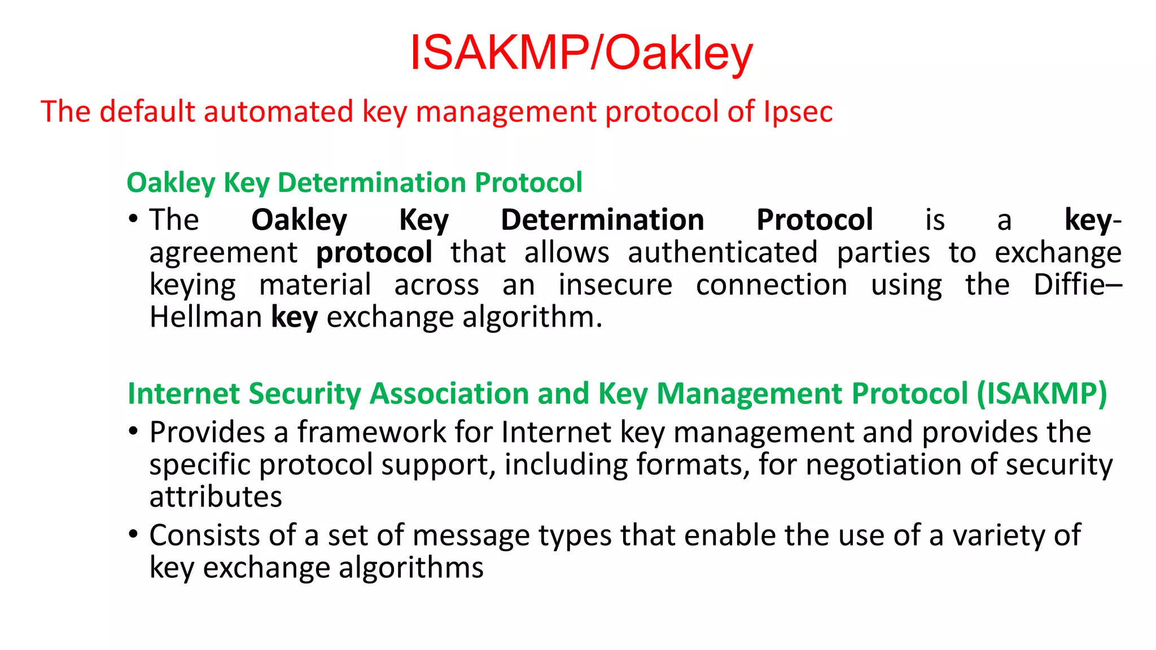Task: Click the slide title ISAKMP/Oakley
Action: [x=581, y=54]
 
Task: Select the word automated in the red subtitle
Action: [x=278, y=112]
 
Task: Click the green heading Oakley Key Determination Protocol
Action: [x=354, y=183]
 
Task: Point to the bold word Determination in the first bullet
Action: [x=602, y=220]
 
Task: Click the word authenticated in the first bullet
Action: [x=722, y=252]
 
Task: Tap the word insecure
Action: [x=615, y=285]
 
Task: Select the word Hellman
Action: [x=205, y=317]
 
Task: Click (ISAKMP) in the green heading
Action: [x=1042, y=393]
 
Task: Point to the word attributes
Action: [x=216, y=497]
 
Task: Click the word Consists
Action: [x=204, y=535]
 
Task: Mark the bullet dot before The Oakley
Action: [x=133, y=219]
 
